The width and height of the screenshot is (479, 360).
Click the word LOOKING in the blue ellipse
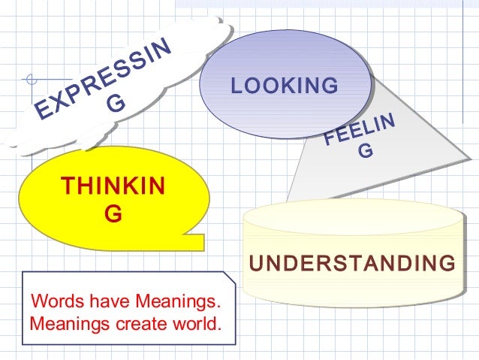[285, 86]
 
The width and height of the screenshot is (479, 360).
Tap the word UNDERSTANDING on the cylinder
[352, 264]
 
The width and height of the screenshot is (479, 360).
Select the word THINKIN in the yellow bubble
[113, 186]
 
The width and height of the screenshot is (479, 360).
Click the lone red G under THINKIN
[113, 214]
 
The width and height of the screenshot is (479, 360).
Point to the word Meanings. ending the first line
[179, 303]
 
